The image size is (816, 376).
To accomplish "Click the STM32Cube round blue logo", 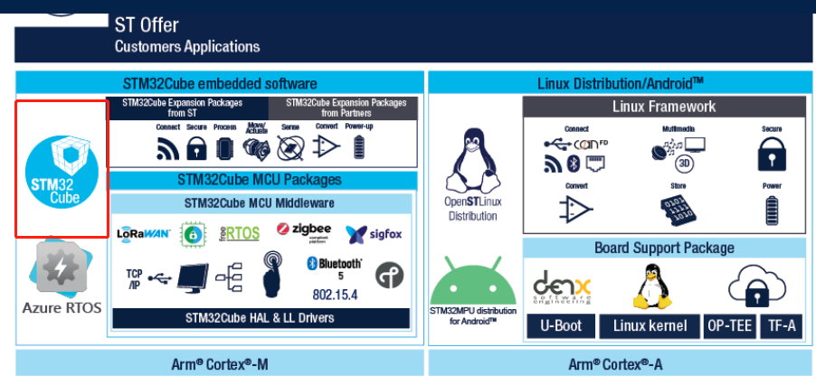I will pyautogui.click(x=60, y=169).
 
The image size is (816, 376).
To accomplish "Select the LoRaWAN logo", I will pyautogui.click(x=144, y=234).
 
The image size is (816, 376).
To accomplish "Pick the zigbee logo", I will pyautogui.click(x=304, y=231).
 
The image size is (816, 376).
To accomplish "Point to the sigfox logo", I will pyautogui.click(x=374, y=233).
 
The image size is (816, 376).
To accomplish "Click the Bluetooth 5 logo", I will pyautogui.click(x=334, y=268).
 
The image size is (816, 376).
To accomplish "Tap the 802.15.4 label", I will pyautogui.click(x=336, y=294).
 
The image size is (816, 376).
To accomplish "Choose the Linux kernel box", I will pyautogui.click(x=650, y=326).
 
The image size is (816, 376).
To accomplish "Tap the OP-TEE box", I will pyautogui.click(x=730, y=326).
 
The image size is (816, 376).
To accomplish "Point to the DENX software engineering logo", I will pyautogui.click(x=561, y=287).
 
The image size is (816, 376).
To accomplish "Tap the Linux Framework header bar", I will pyautogui.click(x=663, y=107).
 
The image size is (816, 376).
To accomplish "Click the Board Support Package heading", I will pyautogui.click(x=663, y=248).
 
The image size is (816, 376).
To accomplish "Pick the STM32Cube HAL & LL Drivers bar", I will pyautogui.click(x=260, y=317).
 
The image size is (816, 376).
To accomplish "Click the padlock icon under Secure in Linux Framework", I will pyautogui.click(x=771, y=155).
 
